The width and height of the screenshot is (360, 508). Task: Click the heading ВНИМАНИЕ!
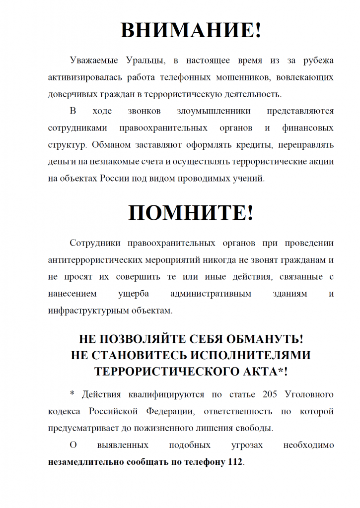click(x=191, y=30)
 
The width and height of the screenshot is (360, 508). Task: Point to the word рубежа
click(x=317, y=61)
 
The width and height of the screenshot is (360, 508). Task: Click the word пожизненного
click(x=174, y=428)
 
